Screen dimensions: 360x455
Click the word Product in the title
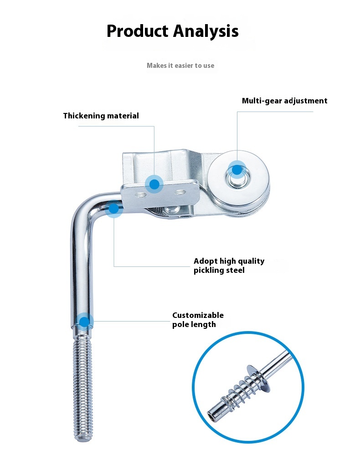pyautogui.click(x=138, y=31)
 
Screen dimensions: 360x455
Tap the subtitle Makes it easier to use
pyautogui.click(x=180, y=66)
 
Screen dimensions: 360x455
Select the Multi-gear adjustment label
pyautogui.click(x=284, y=101)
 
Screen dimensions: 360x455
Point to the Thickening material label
pyautogui.click(x=101, y=116)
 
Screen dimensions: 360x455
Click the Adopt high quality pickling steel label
pyautogui.click(x=229, y=266)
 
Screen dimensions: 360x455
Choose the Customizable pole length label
pyautogui.click(x=198, y=320)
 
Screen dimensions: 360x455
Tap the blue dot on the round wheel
pyautogui.click(x=237, y=170)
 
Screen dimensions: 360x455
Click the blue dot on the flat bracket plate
pyautogui.click(x=154, y=184)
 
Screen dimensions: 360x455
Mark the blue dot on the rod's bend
pyautogui.click(x=114, y=208)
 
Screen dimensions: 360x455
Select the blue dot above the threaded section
pyautogui.click(x=84, y=322)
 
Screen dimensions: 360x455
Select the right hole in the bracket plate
pyautogui.click(x=180, y=192)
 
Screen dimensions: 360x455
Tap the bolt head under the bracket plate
pyautogui.click(x=170, y=210)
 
